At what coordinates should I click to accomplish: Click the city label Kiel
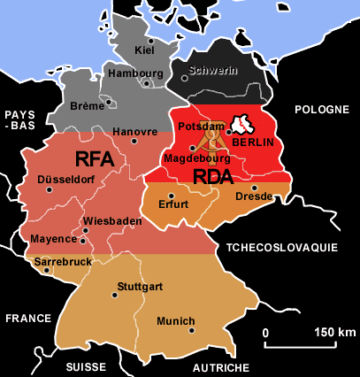click(x=144, y=50)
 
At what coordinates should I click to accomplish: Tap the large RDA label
click(x=214, y=176)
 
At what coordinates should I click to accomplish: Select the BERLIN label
click(x=255, y=142)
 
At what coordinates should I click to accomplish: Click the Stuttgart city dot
click(x=114, y=296)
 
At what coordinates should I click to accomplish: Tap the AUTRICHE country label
click(x=218, y=366)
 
